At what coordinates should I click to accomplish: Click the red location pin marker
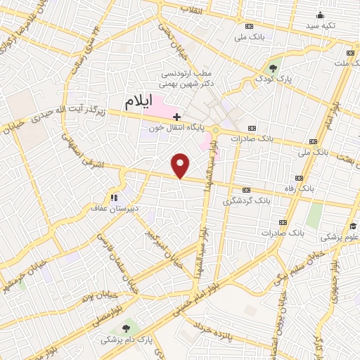point(181,165)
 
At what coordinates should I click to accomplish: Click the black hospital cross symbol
point(176,116)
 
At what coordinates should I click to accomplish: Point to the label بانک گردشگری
point(246,200)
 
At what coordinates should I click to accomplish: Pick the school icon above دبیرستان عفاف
point(112,196)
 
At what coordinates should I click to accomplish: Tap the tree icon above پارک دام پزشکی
point(127,328)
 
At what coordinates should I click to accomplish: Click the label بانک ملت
point(343,63)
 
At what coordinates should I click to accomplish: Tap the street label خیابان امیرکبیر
point(158,242)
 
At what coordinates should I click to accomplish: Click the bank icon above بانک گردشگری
point(246,190)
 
